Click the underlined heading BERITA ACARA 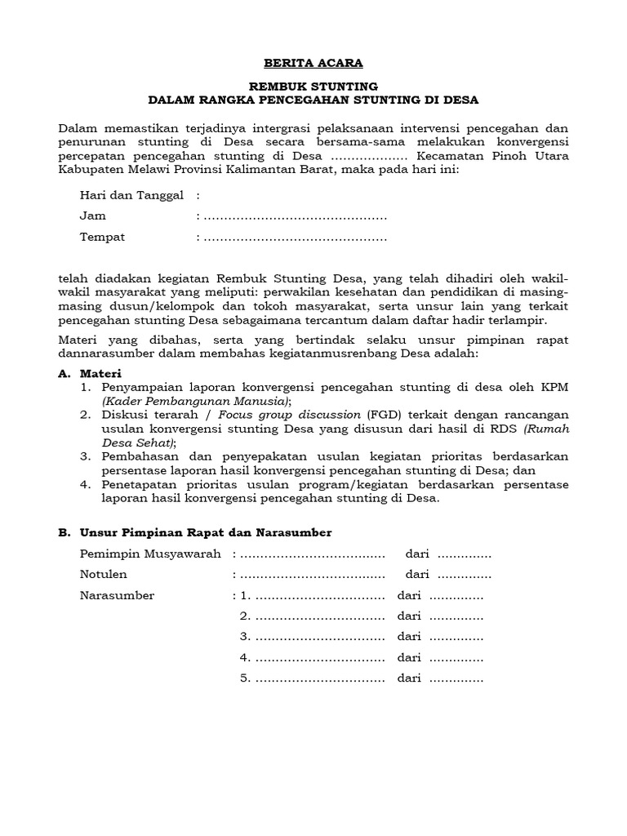click(313, 63)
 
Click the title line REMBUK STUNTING click(313, 86)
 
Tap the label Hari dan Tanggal click(131, 196)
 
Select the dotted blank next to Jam click(295, 216)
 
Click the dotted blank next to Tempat click(295, 238)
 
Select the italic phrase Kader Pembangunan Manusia click(195, 402)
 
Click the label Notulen click(103, 575)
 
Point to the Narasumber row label click(117, 595)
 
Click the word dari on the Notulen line click(417, 575)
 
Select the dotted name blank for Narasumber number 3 click(319, 636)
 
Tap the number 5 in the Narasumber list click(244, 678)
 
